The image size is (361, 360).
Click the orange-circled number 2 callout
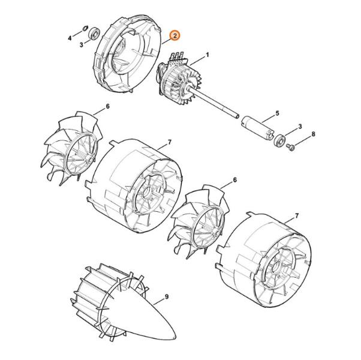pyautogui.click(x=175, y=36)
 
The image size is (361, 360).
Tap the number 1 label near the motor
pyautogui.click(x=207, y=55)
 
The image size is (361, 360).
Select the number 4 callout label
pyautogui.click(x=70, y=38)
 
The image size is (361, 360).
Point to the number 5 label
pyautogui.click(x=277, y=113)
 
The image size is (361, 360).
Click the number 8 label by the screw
pyautogui.click(x=313, y=134)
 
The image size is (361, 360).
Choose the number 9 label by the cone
pyautogui.click(x=167, y=297)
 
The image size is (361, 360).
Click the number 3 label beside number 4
pyautogui.click(x=82, y=44)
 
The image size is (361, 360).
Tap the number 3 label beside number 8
pyautogui.click(x=300, y=127)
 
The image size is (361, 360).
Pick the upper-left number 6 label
pyautogui.click(x=107, y=106)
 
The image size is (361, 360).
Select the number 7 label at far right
pyautogui.click(x=297, y=216)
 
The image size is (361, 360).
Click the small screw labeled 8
pyautogui.click(x=290, y=148)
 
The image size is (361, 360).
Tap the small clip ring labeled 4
pyautogui.click(x=85, y=28)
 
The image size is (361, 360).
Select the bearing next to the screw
pyautogui.click(x=279, y=140)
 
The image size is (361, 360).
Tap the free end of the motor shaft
pyautogui.click(x=237, y=116)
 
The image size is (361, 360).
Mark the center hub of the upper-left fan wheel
pyautogui.click(x=88, y=160)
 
